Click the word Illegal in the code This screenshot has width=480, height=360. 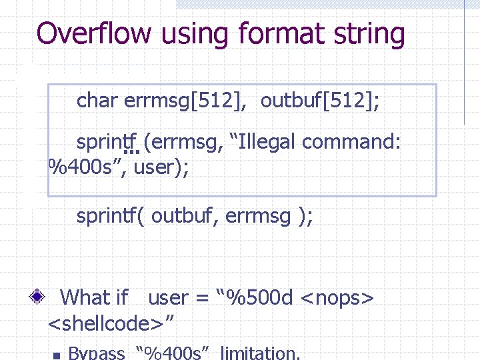(266, 142)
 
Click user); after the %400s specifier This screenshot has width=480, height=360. (161, 167)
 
